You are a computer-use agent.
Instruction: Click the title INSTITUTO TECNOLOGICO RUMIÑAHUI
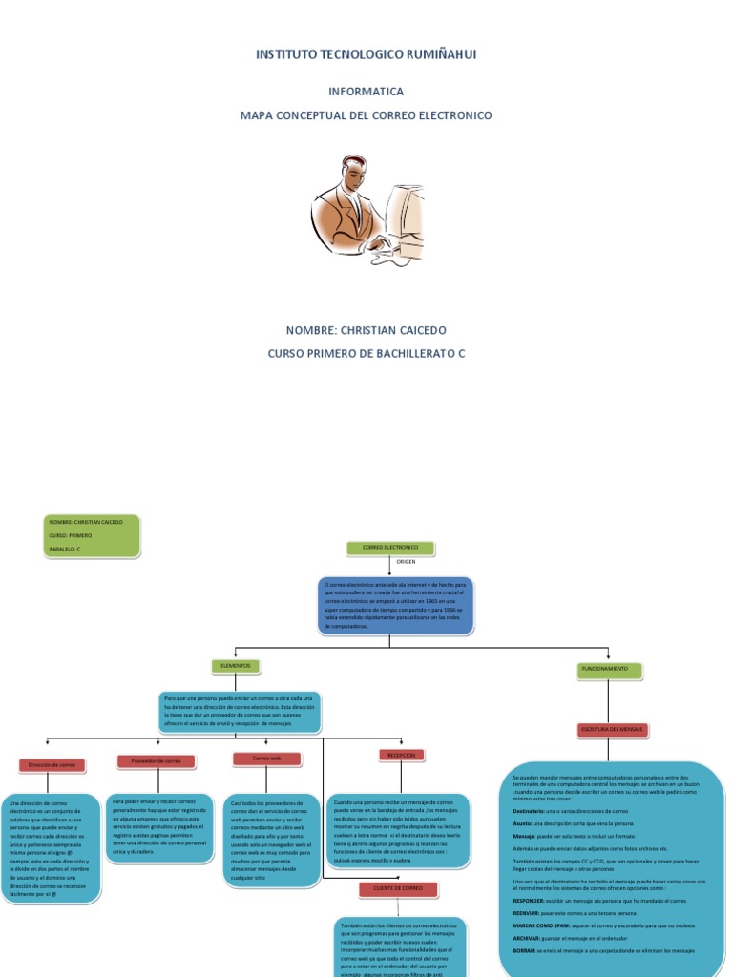[x=366, y=54]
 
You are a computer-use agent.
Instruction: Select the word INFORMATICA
[x=366, y=92]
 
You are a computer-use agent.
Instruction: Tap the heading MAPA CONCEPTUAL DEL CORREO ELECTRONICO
[x=366, y=115]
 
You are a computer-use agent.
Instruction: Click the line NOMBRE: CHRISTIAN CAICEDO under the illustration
[x=366, y=330]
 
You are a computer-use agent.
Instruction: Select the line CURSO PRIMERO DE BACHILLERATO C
[x=366, y=354]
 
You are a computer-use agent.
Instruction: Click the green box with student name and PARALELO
[x=92, y=535]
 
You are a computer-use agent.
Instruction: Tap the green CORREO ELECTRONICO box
[x=391, y=549]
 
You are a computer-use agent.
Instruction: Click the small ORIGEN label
[x=406, y=563]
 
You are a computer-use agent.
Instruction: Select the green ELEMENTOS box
[x=235, y=666]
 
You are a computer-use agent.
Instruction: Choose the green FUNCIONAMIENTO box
[x=606, y=670]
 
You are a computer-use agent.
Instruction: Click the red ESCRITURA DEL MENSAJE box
[x=613, y=730]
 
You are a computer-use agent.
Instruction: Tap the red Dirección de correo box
[x=52, y=765]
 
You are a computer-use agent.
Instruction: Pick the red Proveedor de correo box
[x=155, y=761]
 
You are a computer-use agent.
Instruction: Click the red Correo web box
[x=266, y=759]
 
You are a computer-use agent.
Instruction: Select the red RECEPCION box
[x=401, y=755]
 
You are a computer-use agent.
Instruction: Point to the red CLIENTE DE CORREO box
[x=398, y=889]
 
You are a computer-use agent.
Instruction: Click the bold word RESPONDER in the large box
[x=528, y=900]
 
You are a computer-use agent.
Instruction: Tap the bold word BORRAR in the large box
[x=524, y=951]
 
